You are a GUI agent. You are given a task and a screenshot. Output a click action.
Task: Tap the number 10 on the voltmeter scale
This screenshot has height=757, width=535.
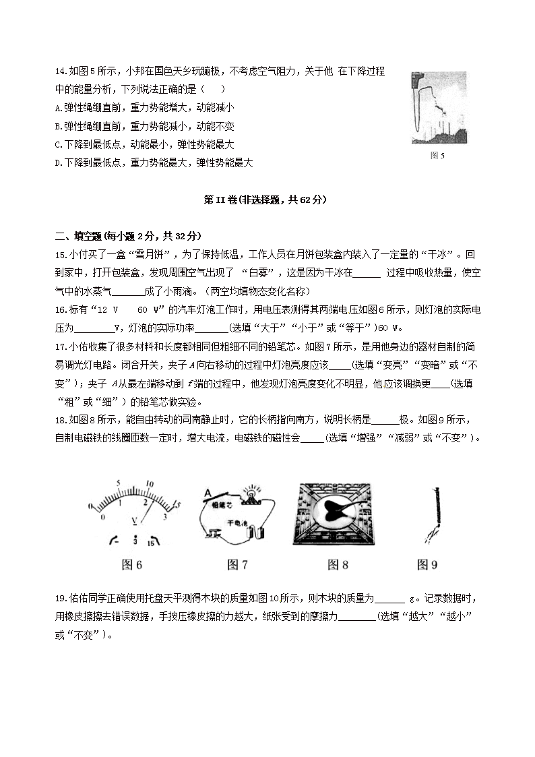click(x=150, y=484)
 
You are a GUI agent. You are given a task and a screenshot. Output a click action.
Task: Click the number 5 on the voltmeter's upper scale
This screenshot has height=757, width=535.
click(x=119, y=483)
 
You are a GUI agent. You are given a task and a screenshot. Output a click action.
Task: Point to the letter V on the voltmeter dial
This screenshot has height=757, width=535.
click(x=135, y=520)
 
